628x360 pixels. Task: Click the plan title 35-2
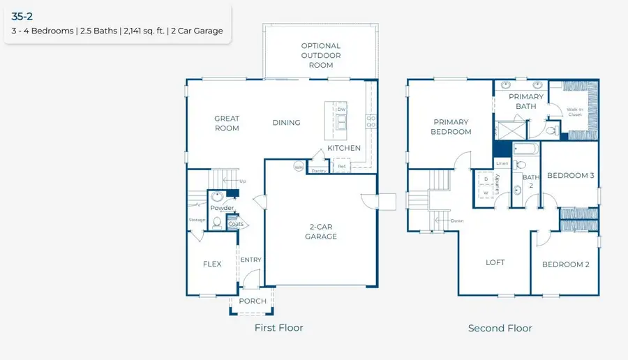(x=22, y=16)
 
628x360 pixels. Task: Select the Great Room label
(x=227, y=123)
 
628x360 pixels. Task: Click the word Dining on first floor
(x=286, y=123)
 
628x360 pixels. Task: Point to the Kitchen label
(x=344, y=148)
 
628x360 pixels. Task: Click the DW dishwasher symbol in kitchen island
(x=341, y=110)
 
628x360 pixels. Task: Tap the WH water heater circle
(x=299, y=167)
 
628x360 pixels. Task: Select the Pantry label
(x=319, y=170)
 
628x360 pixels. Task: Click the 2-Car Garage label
(x=321, y=232)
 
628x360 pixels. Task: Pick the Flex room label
(x=212, y=264)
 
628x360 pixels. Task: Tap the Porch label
(x=253, y=301)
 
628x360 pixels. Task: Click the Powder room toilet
(x=217, y=223)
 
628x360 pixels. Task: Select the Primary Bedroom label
(x=450, y=127)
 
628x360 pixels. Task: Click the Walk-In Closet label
(x=574, y=112)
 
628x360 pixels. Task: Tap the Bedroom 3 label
(x=570, y=176)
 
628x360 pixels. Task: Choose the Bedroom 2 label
(x=566, y=264)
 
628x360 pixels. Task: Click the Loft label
(x=495, y=263)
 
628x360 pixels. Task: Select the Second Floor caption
(x=500, y=329)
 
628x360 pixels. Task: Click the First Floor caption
(x=279, y=328)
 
